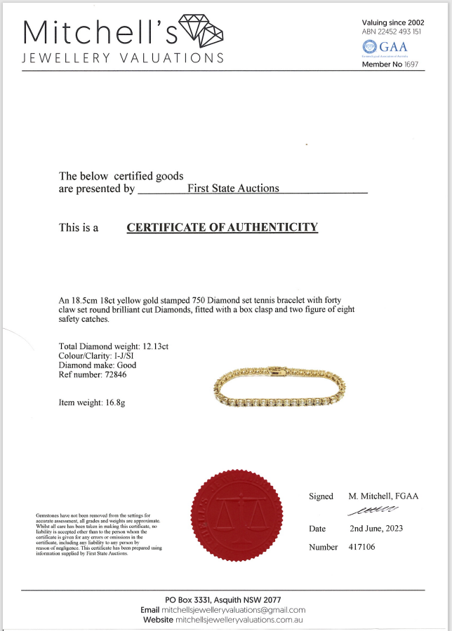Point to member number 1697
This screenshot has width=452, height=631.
point(411,65)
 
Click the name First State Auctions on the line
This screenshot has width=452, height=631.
point(233,188)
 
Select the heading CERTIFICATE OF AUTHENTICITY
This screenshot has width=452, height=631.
point(222,227)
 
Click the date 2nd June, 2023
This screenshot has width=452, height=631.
point(376,528)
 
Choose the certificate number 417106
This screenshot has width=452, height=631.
point(362,547)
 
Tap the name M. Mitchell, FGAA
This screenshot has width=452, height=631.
point(383,496)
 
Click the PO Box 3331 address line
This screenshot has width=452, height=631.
point(223,600)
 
